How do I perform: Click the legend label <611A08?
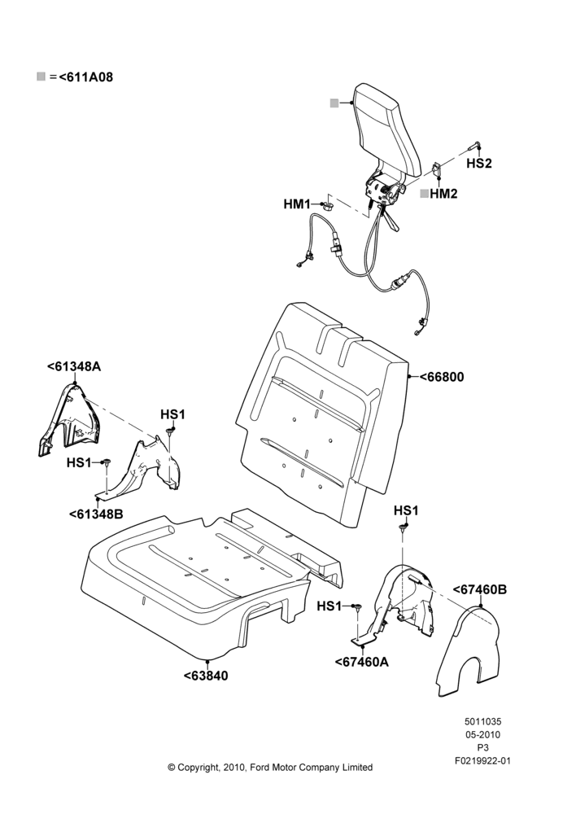click(x=85, y=77)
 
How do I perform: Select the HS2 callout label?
click(x=478, y=163)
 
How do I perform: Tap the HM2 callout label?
click(x=443, y=194)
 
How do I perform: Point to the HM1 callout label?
click(x=297, y=204)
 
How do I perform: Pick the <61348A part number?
click(x=74, y=366)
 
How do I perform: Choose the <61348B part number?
click(x=96, y=514)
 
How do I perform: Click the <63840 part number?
click(x=206, y=676)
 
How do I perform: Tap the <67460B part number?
click(x=480, y=589)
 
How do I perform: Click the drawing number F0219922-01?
click(x=482, y=761)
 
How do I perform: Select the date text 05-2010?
click(x=482, y=734)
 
